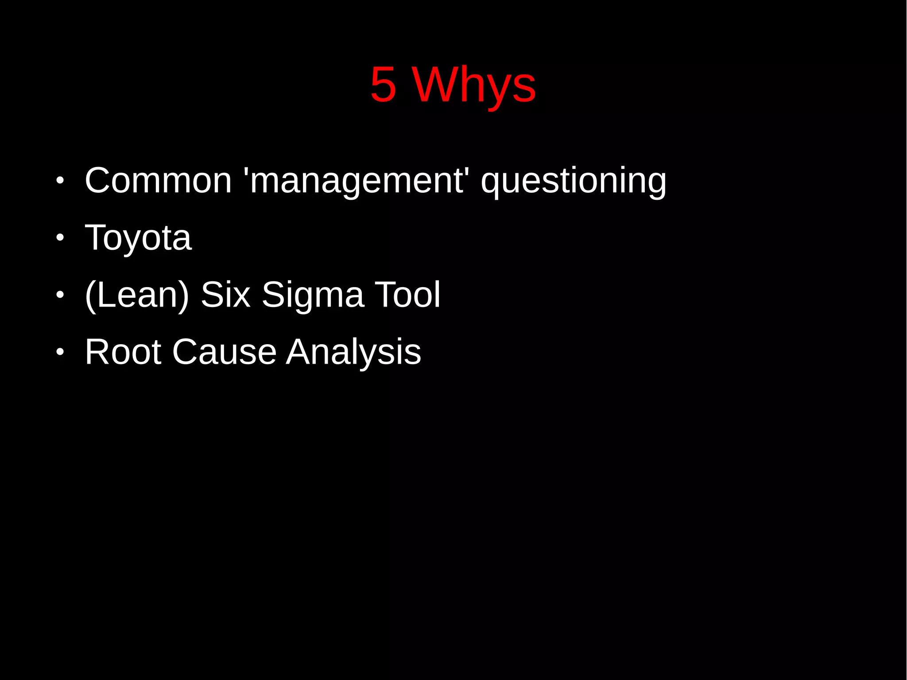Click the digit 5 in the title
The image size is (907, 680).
[383, 84]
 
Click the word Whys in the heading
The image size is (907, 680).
[474, 85]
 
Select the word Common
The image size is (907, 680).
[158, 180]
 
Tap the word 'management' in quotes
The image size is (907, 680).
[357, 181]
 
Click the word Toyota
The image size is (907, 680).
[138, 238]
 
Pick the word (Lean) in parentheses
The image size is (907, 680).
[137, 295]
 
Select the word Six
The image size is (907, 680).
[225, 295]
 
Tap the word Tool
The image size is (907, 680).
[407, 295]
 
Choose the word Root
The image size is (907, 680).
[123, 352]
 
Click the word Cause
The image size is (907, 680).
[224, 352]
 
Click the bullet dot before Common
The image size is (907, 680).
[60, 181]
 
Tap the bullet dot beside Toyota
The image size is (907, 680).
[60, 238]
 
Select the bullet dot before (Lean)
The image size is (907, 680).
[60, 295]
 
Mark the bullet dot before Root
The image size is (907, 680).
[60, 352]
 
